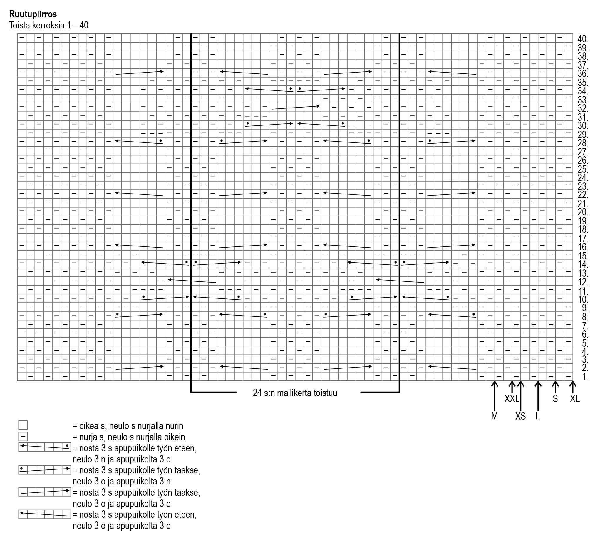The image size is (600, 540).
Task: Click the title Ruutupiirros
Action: click(x=33, y=14)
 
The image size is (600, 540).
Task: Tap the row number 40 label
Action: click(x=583, y=39)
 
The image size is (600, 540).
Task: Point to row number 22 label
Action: click(x=583, y=195)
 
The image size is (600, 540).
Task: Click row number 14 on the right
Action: click(x=583, y=264)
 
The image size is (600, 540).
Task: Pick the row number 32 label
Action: click(x=583, y=108)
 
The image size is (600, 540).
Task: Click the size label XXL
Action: click(x=512, y=399)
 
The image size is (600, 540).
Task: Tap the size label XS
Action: click(x=520, y=416)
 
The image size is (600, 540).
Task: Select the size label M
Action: click(x=494, y=416)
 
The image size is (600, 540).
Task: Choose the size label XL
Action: click(x=575, y=399)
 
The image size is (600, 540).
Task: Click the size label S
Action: click(x=555, y=399)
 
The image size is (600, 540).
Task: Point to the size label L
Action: click(x=538, y=416)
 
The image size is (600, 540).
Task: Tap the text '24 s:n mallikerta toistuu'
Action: click(x=295, y=393)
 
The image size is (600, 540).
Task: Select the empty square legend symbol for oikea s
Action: click(x=23, y=425)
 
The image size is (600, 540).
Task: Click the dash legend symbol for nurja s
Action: click(x=23, y=437)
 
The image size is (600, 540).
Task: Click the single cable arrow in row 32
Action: click(x=296, y=108)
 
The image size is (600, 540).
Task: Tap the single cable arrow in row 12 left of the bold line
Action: click(x=192, y=281)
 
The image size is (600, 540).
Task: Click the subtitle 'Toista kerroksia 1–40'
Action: click(x=49, y=25)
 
